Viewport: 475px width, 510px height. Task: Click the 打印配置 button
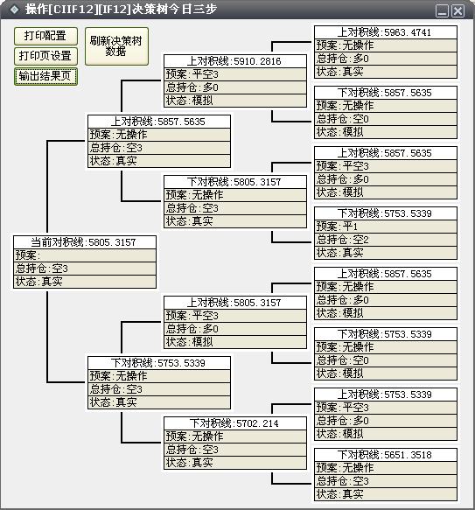point(45,36)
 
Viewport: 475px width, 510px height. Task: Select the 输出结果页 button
point(45,76)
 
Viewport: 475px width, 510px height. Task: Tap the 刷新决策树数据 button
point(116,46)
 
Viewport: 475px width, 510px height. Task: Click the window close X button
point(458,11)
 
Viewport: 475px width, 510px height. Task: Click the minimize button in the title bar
point(442,11)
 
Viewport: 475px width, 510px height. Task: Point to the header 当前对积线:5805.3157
point(85,242)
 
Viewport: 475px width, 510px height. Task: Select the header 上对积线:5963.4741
point(386,32)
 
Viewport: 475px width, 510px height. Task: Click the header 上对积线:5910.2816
point(235,61)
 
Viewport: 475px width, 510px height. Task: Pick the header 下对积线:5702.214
point(235,423)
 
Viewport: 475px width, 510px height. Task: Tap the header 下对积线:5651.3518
point(386,455)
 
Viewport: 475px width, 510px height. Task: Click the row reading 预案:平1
point(386,226)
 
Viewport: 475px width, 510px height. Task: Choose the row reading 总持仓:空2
point(386,240)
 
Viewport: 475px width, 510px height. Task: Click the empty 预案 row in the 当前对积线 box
point(85,255)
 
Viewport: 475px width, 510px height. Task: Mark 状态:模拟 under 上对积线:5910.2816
point(235,101)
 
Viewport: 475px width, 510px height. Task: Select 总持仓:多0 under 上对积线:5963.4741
point(386,59)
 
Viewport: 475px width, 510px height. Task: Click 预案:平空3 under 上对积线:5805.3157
point(235,316)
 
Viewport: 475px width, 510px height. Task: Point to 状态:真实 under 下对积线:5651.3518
point(386,494)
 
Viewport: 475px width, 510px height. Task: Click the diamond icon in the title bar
point(14,10)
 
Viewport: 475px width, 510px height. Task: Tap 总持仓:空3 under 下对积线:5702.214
point(235,450)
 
